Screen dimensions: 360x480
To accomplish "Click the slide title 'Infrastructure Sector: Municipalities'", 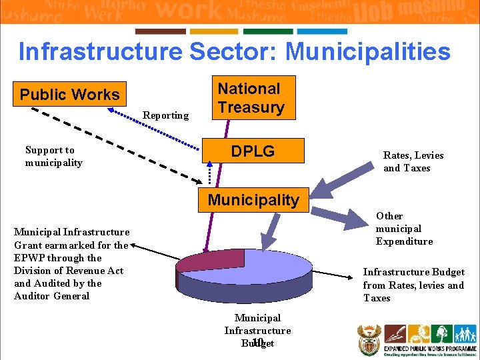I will [234, 51].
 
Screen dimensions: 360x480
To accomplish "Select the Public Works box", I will [69, 94].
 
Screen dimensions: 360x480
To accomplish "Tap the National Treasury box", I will [251, 98].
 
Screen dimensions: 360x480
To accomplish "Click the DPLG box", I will [253, 151].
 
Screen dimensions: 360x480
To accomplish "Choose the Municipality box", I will [253, 199].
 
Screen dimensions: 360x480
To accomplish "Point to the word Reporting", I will [165, 115].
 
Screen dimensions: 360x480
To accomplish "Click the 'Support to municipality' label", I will [53, 156].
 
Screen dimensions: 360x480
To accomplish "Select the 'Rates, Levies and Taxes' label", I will [413, 161].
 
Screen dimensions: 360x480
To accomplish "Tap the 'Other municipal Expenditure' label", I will [404, 229].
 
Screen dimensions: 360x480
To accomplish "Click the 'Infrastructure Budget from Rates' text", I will [413, 285].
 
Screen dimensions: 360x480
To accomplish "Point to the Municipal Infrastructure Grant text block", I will [72, 264].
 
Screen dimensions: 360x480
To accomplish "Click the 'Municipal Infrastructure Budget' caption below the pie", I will [257, 331].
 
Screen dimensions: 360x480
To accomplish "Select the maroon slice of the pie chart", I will [200, 260].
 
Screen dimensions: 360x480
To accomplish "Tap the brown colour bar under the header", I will [160, 31].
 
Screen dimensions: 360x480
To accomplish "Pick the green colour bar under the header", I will [268, 31].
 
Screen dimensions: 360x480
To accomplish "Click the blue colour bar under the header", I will [322, 31].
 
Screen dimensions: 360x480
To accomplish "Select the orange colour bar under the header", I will [214, 31].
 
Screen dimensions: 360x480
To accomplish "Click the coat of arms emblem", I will [369, 339].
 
